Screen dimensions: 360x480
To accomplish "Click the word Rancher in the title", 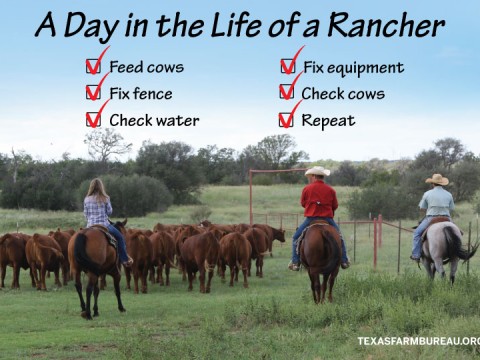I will click(x=395, y=24).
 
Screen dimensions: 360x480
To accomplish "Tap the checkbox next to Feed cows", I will click(x=93, y=67).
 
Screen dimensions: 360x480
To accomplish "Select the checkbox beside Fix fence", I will click(x=93, y=94).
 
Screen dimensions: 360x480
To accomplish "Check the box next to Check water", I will click(x=93, y=120).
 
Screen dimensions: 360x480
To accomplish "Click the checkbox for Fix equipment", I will click(x=287, y=67).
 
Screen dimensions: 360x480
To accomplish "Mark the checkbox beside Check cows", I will click(x=287, y=94).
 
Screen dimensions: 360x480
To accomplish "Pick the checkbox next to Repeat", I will click(x=287, y=120).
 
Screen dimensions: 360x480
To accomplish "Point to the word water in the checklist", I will click(x=176, y=120).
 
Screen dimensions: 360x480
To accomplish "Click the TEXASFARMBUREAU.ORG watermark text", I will click(x=419, y=341).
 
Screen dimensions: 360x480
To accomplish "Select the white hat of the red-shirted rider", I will click(x=318, y=172).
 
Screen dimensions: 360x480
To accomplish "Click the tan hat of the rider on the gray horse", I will click(x=437, y=179).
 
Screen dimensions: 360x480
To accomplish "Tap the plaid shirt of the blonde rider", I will click(x=98, y=210).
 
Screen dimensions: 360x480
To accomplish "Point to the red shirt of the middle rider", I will click(x=320, y=199).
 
